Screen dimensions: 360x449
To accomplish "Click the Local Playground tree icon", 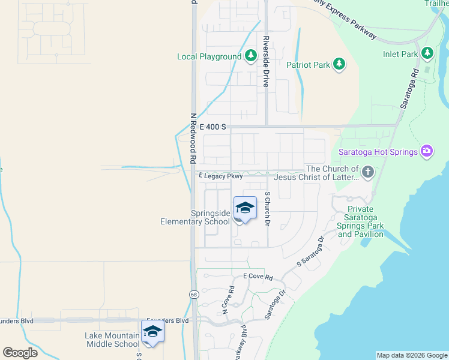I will coord(251,56).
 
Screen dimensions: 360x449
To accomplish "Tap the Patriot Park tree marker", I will coord(339,64).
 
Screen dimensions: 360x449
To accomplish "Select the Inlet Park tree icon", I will coord(427,54).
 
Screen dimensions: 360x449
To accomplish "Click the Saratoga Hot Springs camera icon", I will coord(427,151).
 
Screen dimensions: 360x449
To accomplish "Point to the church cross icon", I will coord(368,173).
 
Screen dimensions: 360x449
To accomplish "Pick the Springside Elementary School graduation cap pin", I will coord(245,209).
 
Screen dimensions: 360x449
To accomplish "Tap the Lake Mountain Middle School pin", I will coord(153,332).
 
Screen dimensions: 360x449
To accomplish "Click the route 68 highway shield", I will coord(194,294).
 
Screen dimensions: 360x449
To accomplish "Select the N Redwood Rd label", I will coord(193,139).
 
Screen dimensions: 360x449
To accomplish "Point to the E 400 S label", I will coord(213,127).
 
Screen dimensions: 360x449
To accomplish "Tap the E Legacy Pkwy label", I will coord(221,176).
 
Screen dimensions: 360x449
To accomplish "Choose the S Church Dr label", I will coord(268,209).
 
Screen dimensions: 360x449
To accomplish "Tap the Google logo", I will coord(20,352).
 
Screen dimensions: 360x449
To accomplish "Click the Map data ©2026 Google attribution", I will coord(412,355).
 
